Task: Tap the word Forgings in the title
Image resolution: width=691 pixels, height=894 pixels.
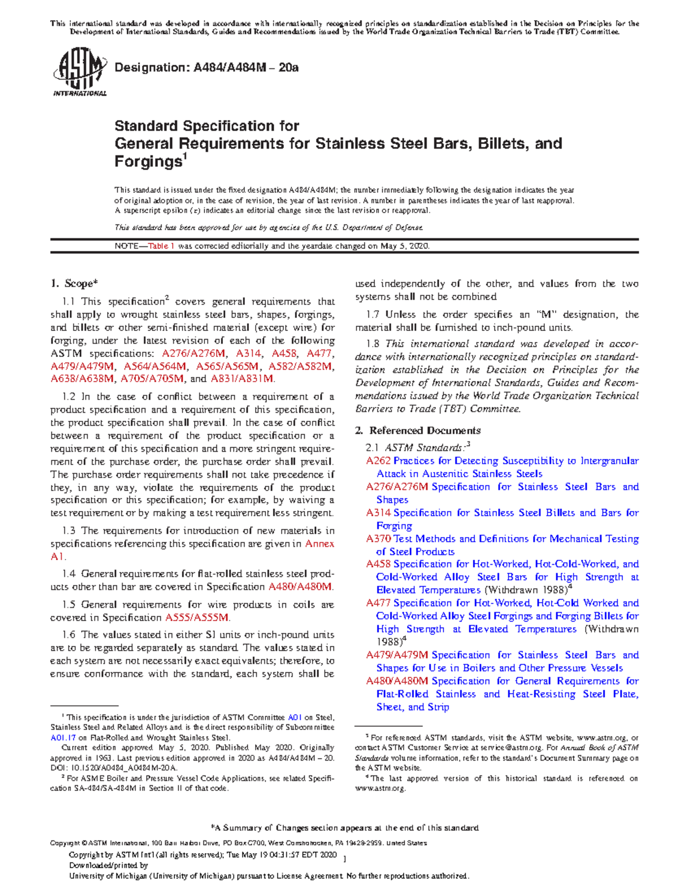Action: [148, 162]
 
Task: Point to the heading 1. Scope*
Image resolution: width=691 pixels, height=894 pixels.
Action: [74, 283]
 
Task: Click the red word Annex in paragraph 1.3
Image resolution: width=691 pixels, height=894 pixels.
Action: [320, 543]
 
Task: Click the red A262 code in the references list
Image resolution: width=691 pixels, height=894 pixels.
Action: [378, 461]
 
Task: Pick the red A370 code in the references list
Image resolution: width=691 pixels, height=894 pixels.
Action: [378, 539]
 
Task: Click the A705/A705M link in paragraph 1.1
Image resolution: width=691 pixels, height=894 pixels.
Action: [153, 379]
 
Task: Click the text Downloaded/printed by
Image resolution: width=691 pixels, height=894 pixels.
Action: [109, 865]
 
